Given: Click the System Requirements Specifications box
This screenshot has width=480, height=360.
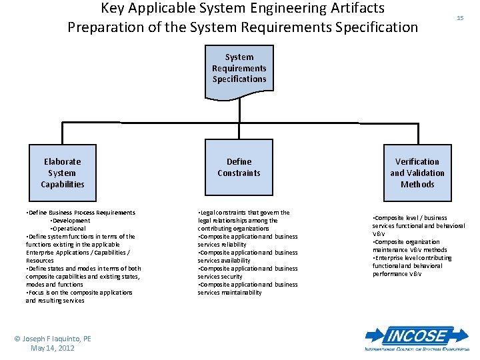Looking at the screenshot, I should point(239,68).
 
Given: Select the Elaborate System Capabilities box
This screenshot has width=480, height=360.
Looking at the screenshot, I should point(62,173).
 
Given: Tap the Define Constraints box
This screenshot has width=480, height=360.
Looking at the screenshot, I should point(239,167).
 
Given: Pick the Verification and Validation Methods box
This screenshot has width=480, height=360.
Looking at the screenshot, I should point(417,173).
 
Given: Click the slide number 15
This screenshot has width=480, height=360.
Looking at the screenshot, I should point(460,18).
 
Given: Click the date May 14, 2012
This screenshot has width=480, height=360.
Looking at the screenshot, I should point(53,348).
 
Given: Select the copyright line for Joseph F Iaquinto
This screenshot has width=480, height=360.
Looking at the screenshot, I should point(53,339).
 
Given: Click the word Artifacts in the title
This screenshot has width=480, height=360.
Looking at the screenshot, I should point(352,9).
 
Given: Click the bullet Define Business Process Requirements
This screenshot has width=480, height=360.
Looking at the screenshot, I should point(81,213).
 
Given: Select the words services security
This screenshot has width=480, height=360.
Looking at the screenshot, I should point(220,277).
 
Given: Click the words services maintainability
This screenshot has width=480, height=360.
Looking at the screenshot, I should point(229,293).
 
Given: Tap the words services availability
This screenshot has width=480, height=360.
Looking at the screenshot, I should point(224,261).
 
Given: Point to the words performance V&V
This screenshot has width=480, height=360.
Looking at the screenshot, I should point(397,274).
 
